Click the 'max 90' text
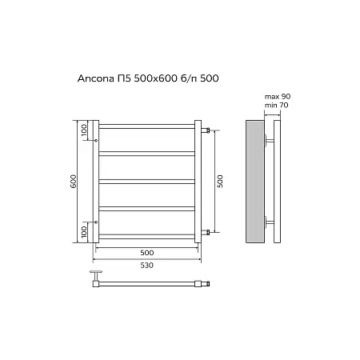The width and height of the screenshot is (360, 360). tap(277, 96)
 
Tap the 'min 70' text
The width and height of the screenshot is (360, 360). tap(276, 104)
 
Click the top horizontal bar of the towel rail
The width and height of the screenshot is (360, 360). tap(147, 126)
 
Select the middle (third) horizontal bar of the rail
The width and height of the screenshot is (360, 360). tap(147, 181)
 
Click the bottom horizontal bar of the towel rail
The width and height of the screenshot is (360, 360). tap(147, 236)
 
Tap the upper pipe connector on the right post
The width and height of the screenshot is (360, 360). tap(206, 129)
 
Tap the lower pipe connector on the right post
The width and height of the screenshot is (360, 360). tap(206, 232)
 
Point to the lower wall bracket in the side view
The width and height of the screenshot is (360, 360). tap(270, 222)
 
